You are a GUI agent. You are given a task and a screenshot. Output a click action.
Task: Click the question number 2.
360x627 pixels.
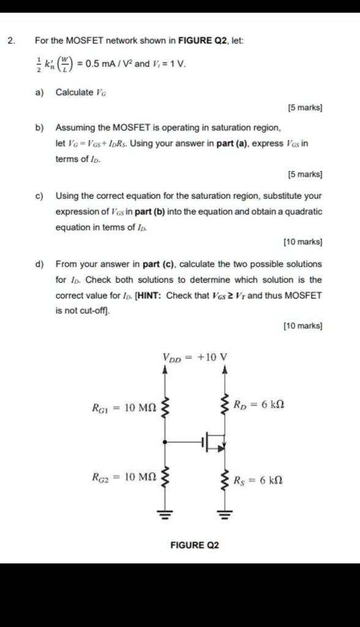point(10,41)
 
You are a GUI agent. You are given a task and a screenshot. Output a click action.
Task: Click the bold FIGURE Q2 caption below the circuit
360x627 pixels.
point(195,545)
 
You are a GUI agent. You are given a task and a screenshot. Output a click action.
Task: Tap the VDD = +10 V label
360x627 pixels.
point(195,357)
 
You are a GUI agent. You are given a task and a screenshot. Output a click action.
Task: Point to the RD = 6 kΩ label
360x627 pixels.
point(258,405)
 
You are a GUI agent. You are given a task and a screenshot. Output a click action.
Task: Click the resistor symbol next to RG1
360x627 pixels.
point(164,406)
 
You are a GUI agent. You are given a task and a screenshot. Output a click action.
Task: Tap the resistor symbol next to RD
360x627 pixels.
point(225,405)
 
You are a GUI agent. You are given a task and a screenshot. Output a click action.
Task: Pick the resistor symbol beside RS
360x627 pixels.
point(225,479)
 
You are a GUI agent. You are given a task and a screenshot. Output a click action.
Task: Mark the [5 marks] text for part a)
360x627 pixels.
point(305,108)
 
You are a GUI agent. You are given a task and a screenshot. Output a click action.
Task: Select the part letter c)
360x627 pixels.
point(39,197)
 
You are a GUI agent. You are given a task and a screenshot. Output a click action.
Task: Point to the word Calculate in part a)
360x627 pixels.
point(75,92)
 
